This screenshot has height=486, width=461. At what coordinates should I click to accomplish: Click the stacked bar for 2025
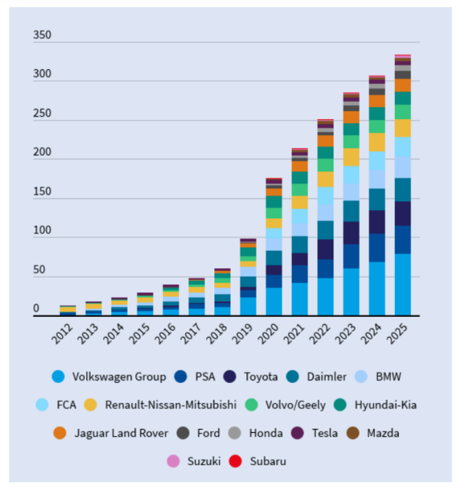(x=403, y=185)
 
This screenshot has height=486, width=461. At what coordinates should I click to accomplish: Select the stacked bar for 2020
(x=274, y=247)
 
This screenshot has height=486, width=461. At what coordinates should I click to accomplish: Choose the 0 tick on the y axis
(x=36, y=309)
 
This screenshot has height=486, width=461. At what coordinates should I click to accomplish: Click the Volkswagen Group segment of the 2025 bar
(x=403, y=285)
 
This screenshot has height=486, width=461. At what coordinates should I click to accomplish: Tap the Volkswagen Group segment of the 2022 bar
(x=325, y=296)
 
